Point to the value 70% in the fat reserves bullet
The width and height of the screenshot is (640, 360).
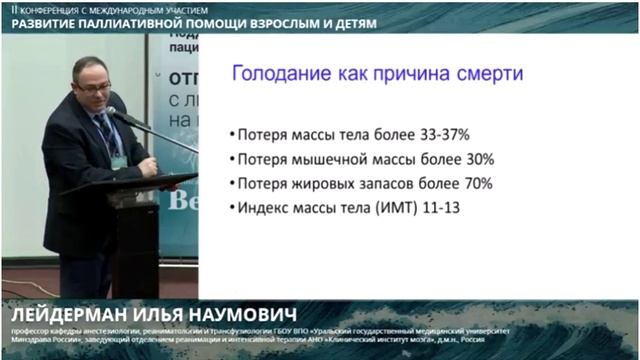[x=475, y=183]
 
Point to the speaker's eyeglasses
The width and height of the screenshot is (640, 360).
[x=93, y=88]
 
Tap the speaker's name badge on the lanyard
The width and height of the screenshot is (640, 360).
[x=118, y=161]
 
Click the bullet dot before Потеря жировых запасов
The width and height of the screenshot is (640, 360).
[x=232, y=184]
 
